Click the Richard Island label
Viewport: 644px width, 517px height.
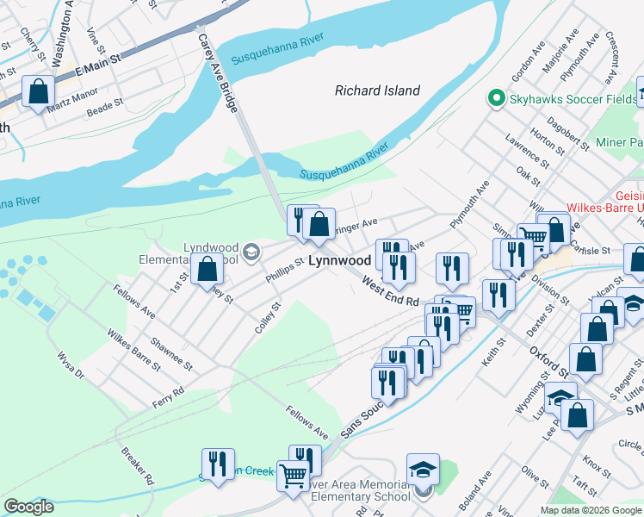point(377,90)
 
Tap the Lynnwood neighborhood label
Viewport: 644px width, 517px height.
point(339,259)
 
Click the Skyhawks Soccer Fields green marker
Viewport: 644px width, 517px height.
point(496,99)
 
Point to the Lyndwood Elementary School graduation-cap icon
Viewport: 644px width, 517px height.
point(251,252)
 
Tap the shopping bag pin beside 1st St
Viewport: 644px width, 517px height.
point(207,268)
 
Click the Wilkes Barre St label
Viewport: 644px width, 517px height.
point(133,348)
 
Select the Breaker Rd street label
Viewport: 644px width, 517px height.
point(137,465)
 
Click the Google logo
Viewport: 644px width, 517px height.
point(28,507)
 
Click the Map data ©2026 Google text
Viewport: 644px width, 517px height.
point(591,510)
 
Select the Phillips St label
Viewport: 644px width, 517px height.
point(285,269)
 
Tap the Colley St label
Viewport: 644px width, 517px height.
point(268,318)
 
